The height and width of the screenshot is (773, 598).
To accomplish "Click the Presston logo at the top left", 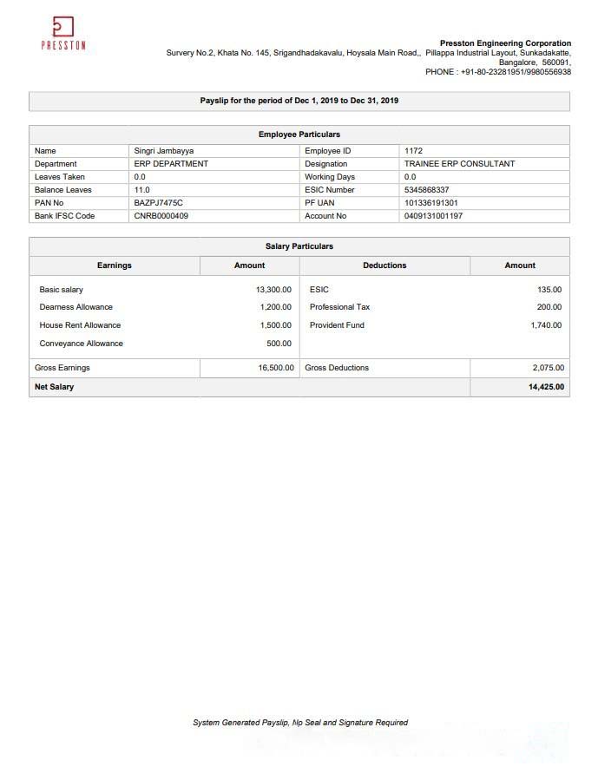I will pyautogui.click(x=63, y=33).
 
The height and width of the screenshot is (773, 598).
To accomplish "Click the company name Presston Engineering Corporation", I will pyautogui.click(x=505, y=43).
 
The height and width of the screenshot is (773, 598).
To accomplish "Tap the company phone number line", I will pyautogui.click(x=498, y=72).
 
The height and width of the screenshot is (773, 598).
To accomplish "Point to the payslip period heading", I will pyautogui.click(x=299, y=101).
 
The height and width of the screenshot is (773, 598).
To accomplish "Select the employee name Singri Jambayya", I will pyautogui.click(x=164, y=151).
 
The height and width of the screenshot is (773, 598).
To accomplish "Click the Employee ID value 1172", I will pyautogui.click(x=413, y=151).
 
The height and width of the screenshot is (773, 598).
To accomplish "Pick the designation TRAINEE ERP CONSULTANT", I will pyautogui.click(x=459, y=164).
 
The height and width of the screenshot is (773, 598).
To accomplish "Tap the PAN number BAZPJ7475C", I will pyautogui.click(x=159, y=203).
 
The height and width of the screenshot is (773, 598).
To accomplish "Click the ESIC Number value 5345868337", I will pyautogui.click(x=428, y=190).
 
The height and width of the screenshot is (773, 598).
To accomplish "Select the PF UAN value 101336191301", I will pyautogui.click(x=431, y=203).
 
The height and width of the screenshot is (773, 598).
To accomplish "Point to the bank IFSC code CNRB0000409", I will pyautogui.click(x=161, y=216).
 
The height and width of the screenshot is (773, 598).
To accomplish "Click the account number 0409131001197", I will pyautogui.click(x=433, y=216).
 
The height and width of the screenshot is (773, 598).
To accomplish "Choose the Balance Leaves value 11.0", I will pyautogui.click(x=141, y=190).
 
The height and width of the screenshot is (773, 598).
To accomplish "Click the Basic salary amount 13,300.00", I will pyautogui.click(x=273, y=290).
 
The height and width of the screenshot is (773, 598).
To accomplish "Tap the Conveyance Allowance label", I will pyautogui.click(x=82, y=344).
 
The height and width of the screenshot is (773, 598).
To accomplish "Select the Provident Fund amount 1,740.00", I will pyautogui.click(x=546, y=325).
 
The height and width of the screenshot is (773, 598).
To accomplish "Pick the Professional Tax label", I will pyautogui.click(x=339, y=307).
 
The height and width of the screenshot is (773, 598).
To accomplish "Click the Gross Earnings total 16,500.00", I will pyautogui.click(x=276, y=368).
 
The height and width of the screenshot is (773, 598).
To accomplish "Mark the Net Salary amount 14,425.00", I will pyautogui.click(x=546, y=387).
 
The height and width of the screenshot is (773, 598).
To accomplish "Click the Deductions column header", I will pyautogui.click(x=384, y=265).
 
